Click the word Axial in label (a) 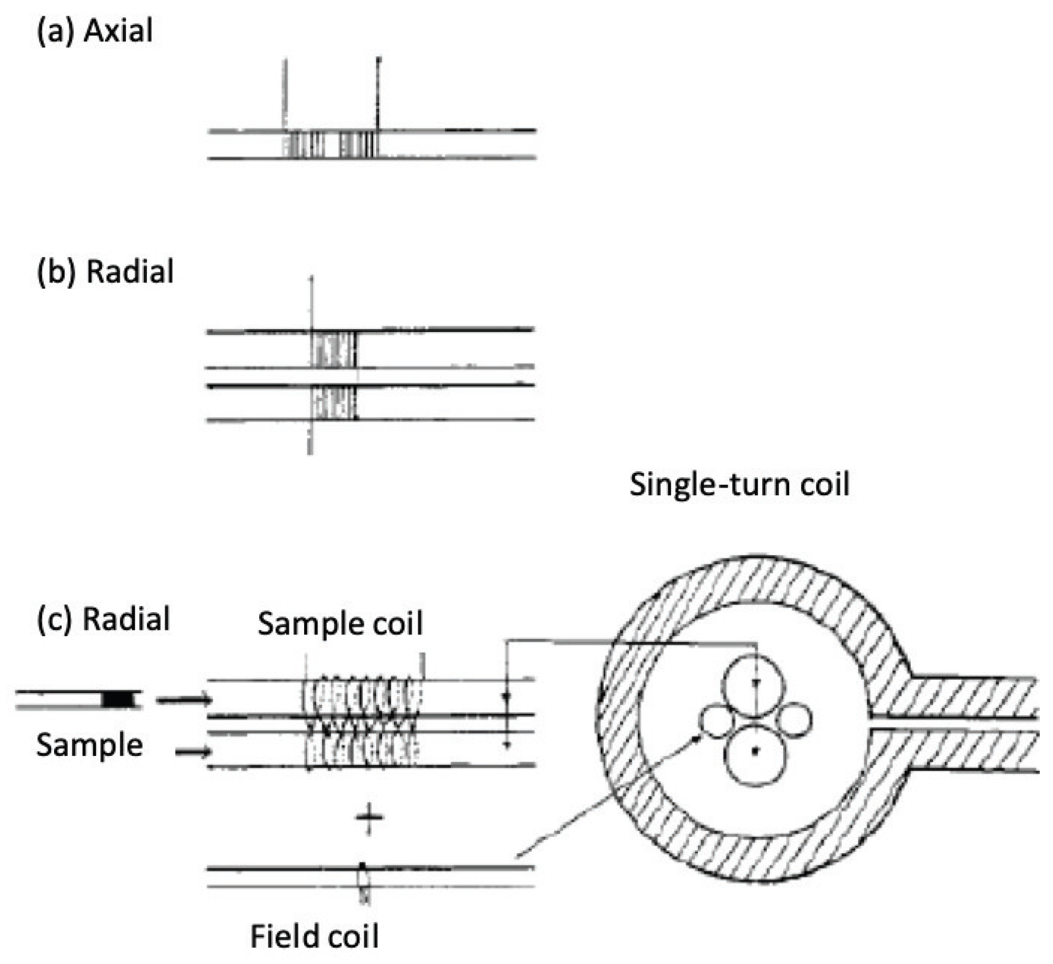(118, 31)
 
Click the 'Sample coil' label (340, 623)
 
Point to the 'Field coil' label (314, 936)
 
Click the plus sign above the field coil (369, 818)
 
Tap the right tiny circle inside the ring (793, 721)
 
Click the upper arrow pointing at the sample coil (184, 700)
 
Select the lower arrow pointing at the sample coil (193, 752)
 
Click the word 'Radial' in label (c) (127, 619)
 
